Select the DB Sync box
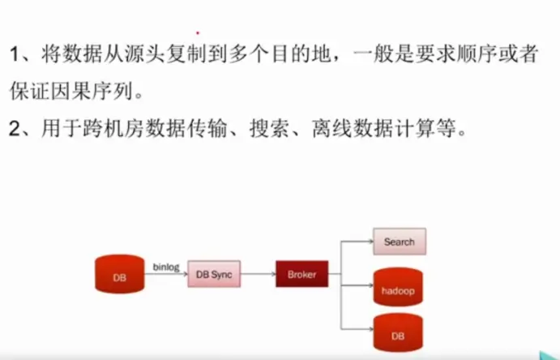214,275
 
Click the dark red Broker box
301,275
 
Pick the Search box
399,242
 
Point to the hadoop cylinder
398,287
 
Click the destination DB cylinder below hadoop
398,332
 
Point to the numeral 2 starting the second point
15,127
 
